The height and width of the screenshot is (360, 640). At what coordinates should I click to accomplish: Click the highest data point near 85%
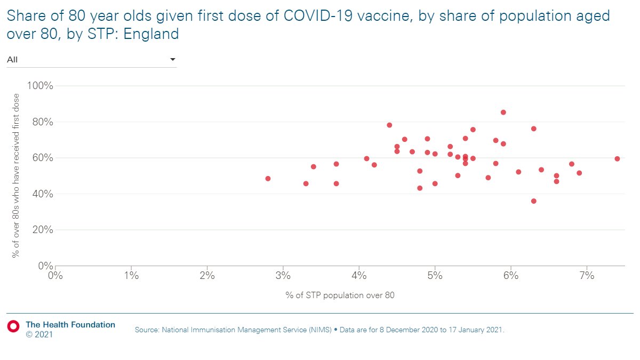[x=503, y=112]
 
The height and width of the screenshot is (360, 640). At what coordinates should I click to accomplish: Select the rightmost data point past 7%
[x=617, y=158]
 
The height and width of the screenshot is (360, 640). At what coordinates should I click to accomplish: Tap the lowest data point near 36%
[x=533, y=201]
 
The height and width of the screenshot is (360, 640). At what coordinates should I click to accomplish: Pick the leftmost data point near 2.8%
[x=268, y=179]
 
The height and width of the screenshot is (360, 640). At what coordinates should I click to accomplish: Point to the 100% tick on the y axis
[x=37, y=86]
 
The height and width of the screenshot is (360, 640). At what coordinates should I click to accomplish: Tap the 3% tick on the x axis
[x=283, y=276]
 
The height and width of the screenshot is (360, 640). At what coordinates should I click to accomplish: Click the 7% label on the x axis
[x=586, y=276]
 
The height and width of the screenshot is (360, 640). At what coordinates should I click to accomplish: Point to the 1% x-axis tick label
[x=131, y=276]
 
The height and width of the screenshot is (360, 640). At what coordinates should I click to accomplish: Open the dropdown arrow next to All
[x=172, y=59]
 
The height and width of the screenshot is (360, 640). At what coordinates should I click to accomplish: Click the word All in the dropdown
[x=12, y=59]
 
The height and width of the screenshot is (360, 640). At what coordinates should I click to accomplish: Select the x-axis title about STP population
[x=340, y=295]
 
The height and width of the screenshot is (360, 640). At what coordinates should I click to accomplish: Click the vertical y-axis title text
[x=16, y=175]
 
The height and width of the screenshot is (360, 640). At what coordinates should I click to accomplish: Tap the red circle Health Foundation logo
[x=13, y=325]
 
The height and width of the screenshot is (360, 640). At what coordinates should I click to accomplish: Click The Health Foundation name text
[x=70, y=324]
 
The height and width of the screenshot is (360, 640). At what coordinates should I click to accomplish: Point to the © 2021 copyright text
[x=39, y=334]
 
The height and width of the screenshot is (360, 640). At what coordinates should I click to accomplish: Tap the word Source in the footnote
[x=148, y=330]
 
